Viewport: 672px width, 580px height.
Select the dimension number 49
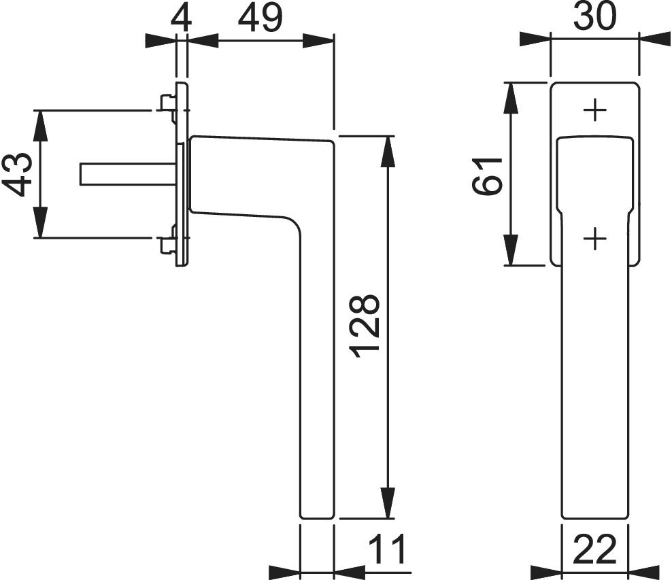[x=261, y=18]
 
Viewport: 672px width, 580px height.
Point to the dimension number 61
[x=487, y=175]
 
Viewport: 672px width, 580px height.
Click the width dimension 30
[x=595, y=16]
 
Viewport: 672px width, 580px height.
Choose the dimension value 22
[x=594, y=549]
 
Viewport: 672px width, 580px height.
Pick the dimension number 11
[x=387, y=549]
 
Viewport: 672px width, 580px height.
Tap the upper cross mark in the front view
[x=595, y=110]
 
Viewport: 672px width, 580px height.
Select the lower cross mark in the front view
[x=595, y=239]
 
